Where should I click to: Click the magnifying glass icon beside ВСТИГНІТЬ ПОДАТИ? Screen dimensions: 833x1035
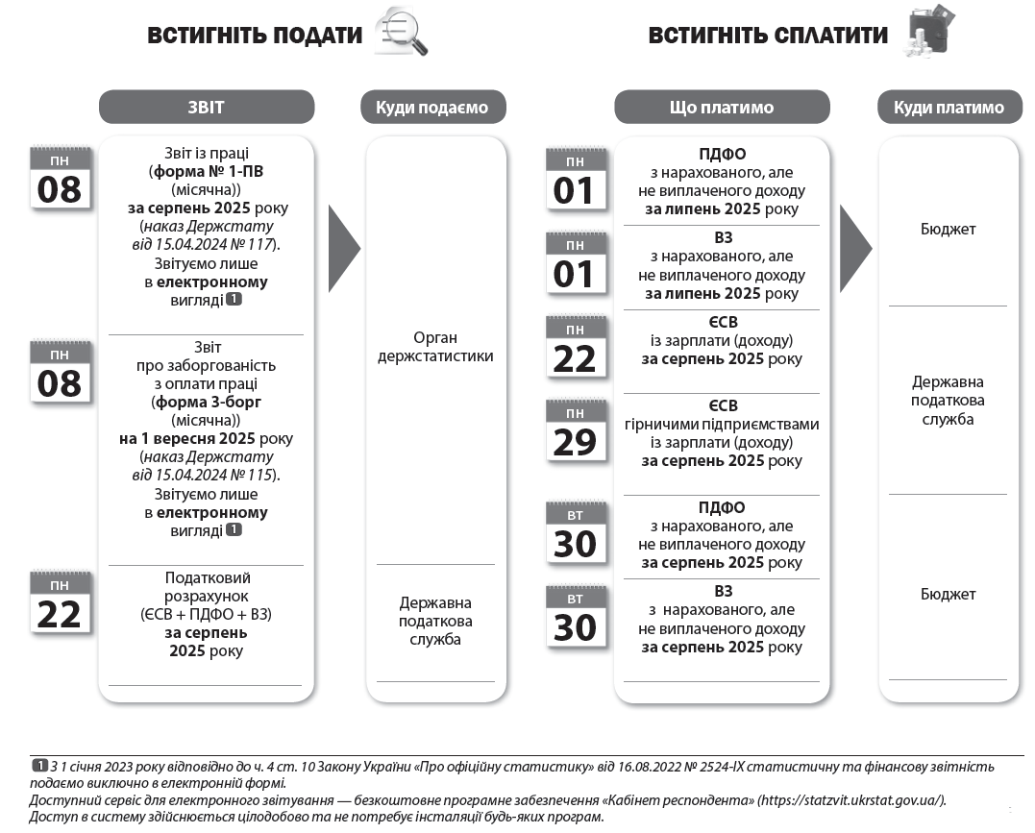(x=401, y=32)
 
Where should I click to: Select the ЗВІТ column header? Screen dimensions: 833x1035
(x=207, y=107)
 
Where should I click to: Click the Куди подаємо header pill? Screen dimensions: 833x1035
(x=432, y=108)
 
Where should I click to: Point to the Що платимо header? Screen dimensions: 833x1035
(x=721, y=108)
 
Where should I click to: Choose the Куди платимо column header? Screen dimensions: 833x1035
(x=948, y=108)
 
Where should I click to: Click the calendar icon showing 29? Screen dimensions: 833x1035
(x=576, y=432)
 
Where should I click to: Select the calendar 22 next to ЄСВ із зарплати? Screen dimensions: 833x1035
(x=576, y=349)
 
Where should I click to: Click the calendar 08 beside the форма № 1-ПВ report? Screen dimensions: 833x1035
(x=60, y=178)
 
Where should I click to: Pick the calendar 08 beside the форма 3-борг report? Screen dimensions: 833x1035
(x=60, y=373)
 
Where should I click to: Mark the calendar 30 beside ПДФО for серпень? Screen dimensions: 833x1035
(x=576, y=534)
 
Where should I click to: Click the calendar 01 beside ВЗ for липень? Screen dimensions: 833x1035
(x=576, y=264)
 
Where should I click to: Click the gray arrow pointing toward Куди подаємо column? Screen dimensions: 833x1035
(x=343, y=248)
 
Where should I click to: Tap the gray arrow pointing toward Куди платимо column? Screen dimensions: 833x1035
(x=854, y=248)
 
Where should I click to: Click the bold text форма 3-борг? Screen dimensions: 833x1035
(x=220, y=402)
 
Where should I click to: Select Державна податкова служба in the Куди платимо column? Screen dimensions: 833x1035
(x=948, y=400)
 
